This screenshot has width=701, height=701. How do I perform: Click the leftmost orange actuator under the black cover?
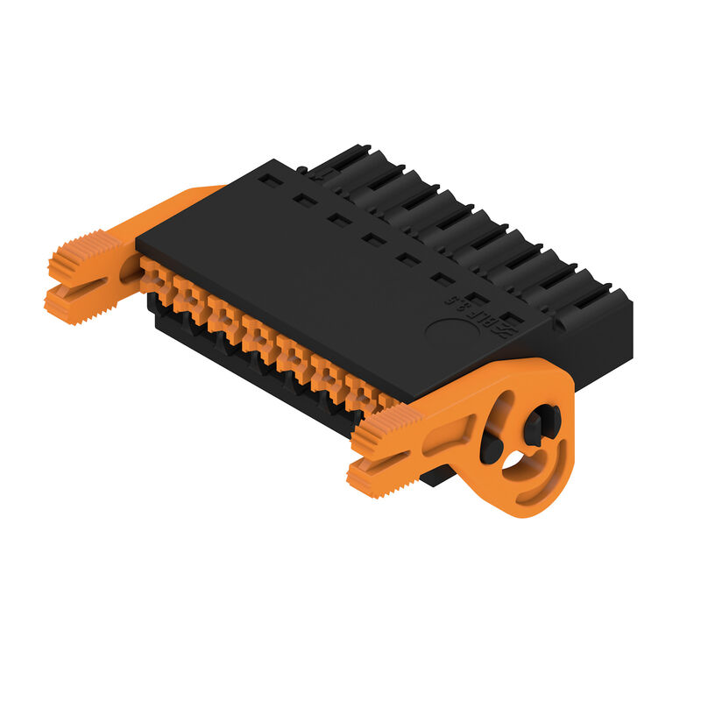click(x=153, y=276)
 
